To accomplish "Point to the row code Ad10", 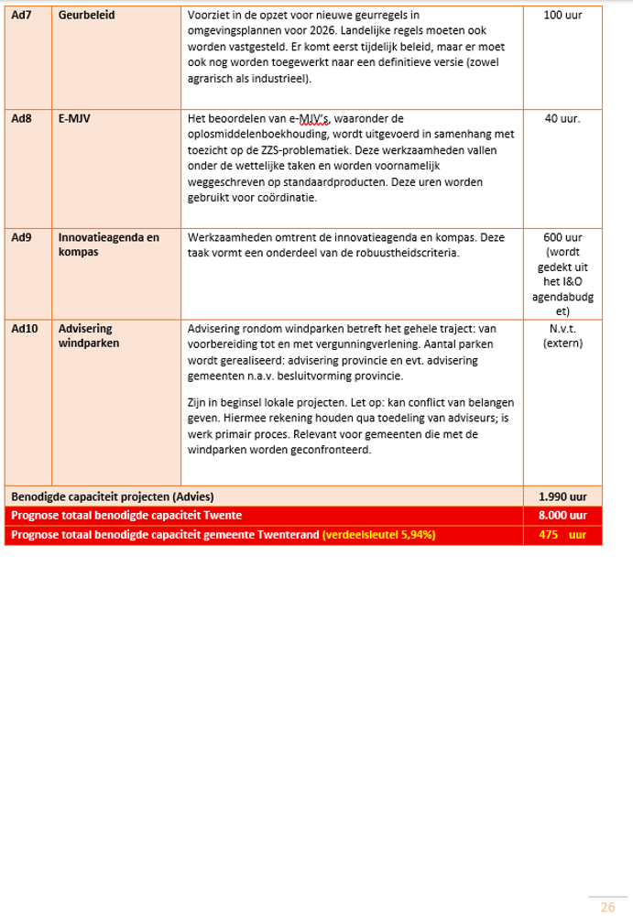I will pyautogui.click(x=24, y=327).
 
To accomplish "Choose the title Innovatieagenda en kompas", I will pyautogui.click(x=107, y=244).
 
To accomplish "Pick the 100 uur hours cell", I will pyautogui.click(x=562, y=16).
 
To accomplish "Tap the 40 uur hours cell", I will pyautogui.click(x=562, y=118).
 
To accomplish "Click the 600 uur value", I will pyautogui.click(x=562, y=237).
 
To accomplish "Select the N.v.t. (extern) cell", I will pyautogui.click(x=562, y=334).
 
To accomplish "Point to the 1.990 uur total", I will pyautogui.click(x=562, y=496).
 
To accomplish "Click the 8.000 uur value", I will pyautogui.click(x=562, y=516).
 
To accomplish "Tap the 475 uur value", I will pyautogui.click(x=562, y=534).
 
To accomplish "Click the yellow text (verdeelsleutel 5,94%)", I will pyautogui.click(x=377, y=534).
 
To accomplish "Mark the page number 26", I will pyautogui.click(x=607, y=907).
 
